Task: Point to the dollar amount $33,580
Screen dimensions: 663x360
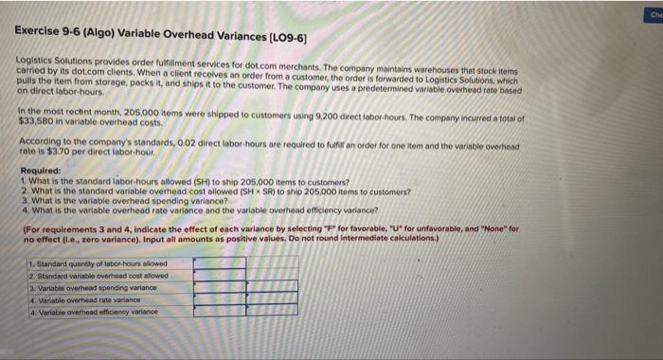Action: point(35,121)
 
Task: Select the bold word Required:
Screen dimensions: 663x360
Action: point(38,172)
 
